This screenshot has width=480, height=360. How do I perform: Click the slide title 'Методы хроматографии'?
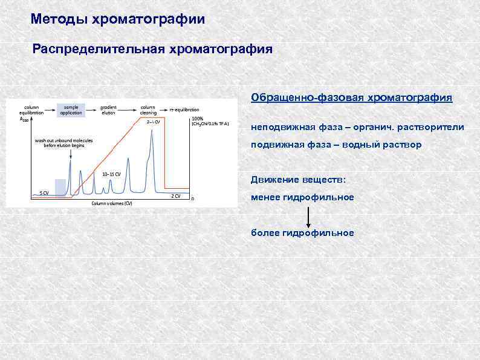[x=118, y=19]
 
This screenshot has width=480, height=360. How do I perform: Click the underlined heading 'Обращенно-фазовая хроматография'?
[x=351, y=97]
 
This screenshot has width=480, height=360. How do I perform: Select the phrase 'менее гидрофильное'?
[x=302, y=197]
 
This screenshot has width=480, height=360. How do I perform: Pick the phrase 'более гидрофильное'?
[x=302, y=233]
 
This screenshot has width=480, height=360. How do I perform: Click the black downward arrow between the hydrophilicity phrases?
[x=308, y=216]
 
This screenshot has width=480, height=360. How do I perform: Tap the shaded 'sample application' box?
[x=71, y=110]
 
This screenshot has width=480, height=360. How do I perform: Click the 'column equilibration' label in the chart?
[x=31, y=110]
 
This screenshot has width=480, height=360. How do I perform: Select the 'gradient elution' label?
[x=109, y=110]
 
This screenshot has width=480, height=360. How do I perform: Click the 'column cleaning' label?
[x=148, y=110]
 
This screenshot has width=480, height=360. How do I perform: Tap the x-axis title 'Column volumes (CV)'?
[x=112, y=203]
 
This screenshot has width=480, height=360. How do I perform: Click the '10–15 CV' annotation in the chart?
[x=111, y=174]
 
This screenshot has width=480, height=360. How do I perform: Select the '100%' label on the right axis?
[x=197, y=118]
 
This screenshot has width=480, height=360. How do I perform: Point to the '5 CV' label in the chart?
[x=44, y=192]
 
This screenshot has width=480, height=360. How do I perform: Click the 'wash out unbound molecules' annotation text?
[x=63, y=142]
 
